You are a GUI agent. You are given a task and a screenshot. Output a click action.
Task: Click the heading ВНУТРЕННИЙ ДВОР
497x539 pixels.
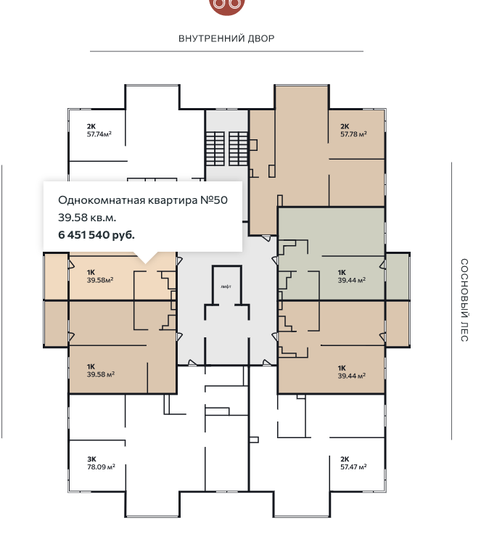pos(226,38)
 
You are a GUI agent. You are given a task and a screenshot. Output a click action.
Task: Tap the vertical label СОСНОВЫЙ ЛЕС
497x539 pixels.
pos(464,300)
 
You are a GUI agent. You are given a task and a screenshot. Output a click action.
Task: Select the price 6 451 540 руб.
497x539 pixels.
pos(96,235)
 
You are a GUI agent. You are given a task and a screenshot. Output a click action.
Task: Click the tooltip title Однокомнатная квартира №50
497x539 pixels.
pos(143,200)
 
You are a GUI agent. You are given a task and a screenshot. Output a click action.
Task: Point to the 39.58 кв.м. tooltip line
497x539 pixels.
pos(87,218)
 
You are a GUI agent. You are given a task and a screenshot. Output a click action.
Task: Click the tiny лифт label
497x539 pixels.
pos(226,287)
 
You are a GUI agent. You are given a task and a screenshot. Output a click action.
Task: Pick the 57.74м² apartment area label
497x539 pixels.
pos(99,134)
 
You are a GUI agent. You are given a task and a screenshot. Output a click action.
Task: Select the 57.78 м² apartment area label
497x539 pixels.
pos(353,134)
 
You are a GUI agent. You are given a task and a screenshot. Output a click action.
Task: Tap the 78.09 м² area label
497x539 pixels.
pos(101,466)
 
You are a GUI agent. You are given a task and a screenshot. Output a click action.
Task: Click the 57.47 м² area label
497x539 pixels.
pos(353,466)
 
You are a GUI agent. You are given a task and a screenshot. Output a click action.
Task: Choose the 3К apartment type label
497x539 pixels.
pos(91,459)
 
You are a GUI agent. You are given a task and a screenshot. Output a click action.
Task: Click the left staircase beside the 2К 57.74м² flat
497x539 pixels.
pos(215,149)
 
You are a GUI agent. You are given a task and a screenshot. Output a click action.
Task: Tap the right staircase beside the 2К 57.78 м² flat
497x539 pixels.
pos(239,149)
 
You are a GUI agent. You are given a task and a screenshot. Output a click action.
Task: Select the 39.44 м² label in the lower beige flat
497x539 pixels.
pos(351,376)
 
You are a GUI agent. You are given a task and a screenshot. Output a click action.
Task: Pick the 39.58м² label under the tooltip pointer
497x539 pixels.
pos(100,280)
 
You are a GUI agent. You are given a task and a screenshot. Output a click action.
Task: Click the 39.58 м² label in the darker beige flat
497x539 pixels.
pos(100,374)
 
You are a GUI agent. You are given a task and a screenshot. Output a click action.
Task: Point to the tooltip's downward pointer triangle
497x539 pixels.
pos(146,258)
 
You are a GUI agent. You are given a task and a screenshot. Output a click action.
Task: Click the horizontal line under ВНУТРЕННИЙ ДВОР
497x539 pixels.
pos(226,52)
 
